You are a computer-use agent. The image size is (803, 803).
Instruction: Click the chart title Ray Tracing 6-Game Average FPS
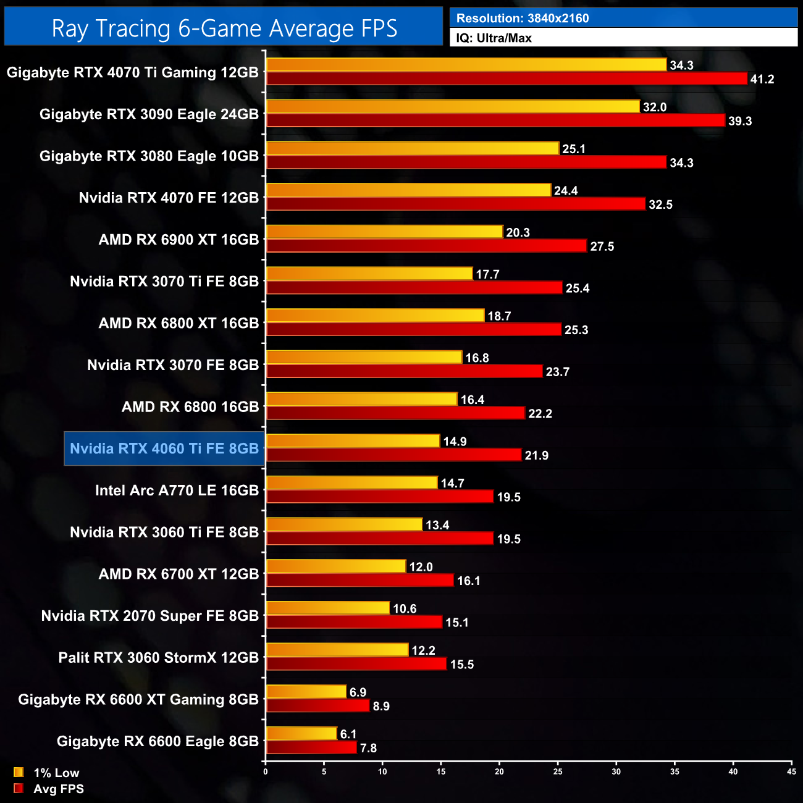pyautogui.click(x=224, y=28)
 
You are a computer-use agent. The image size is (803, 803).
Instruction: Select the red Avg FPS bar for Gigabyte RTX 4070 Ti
pyautogui.click(x=507, y=79)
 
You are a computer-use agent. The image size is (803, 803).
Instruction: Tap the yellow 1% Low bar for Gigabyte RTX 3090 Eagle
pyautogui.click(x=453, y=107)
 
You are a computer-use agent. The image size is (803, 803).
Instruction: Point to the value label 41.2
pyautogui.click(x=762, y=80)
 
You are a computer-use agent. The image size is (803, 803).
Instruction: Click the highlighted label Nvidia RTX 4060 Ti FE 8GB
pyautogui.click(x=164, y=448)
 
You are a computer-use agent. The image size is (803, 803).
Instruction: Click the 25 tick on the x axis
pyautogui.click(x=558, y=771)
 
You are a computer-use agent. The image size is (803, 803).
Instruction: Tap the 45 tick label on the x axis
pyautogui.click(x=791, y=771)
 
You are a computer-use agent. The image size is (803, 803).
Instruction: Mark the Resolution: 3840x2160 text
pyautogui.click(x=523, y=19)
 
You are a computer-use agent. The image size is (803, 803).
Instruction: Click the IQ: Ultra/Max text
pyautogui.click(x=494, y=38)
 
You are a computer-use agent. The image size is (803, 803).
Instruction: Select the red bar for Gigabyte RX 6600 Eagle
pyautogui.click(x=311, y=748)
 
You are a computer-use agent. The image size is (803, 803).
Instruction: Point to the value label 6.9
pyautogui.click(x=358, y=692)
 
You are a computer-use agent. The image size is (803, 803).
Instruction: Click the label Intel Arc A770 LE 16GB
pyautogui.click(x=177, y=490)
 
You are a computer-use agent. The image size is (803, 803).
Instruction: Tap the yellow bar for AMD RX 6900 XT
pyautogui.click(x=384, y=232)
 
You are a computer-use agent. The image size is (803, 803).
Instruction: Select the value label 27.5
pyautogui.click(x=602, y=246)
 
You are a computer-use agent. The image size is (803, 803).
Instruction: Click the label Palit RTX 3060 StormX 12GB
pyautogui.click(x=158, y=658)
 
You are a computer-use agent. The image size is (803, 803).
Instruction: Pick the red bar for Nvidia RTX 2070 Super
pyautogui.click(x=354, y=623)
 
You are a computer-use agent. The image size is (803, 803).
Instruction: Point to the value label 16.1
pyautogui.click(x=468, y=581)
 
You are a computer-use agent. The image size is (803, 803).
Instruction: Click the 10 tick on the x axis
pyautogui.click(x=382, y=771)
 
